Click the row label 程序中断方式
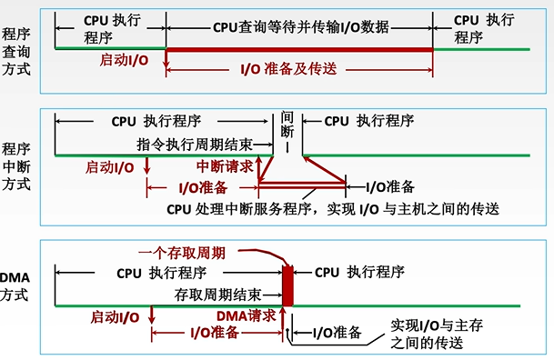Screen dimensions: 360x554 pyautogui.click(x=15, y=165)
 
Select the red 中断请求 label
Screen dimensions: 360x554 pyautogui.click(x=225, y=167)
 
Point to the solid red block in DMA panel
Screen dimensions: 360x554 pyautogui.click(x=288, y=286)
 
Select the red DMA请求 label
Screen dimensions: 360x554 pyautogui.click(x=247, y=315)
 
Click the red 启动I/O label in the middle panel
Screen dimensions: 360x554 pyautogui.click(x=111, y=168)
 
